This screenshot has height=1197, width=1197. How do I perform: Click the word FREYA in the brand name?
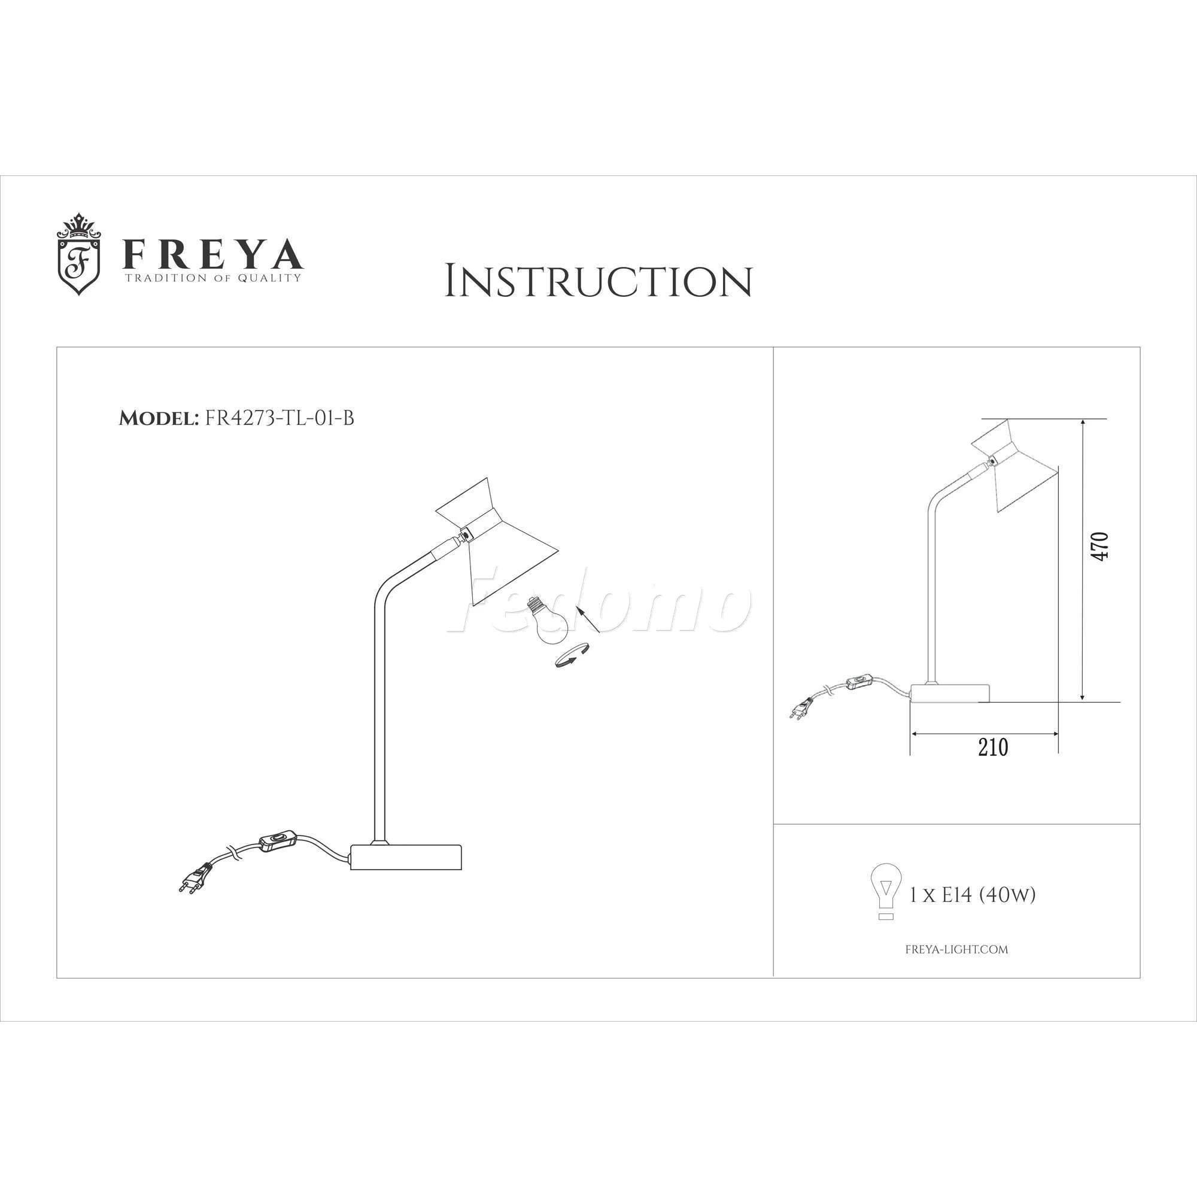tap(212, 253)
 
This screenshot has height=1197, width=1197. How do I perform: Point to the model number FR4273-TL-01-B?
tap(279, 418)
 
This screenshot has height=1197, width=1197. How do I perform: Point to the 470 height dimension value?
tap(1099, 546)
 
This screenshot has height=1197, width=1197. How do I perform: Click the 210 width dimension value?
tap(993, 747)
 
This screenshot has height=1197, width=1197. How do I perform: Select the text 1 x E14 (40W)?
tap(973, 895)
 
